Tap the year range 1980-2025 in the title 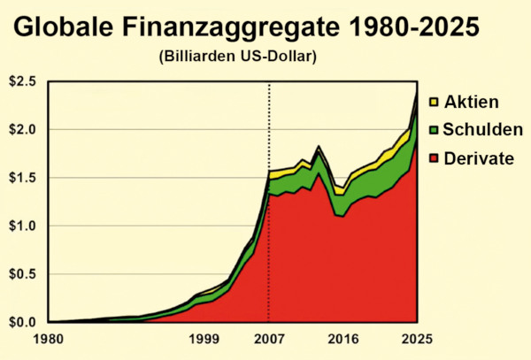pos(415,26)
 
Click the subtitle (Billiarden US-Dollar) pos(238,57)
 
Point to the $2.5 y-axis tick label pos(23,82)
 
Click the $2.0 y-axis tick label pos(23,130)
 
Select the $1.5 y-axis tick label pos(23,178)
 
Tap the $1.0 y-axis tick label pos(23,226)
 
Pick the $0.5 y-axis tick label pos(23,274)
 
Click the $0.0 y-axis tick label pos(23,322)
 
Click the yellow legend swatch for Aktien pos(434,102)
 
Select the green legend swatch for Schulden pos(434,129)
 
